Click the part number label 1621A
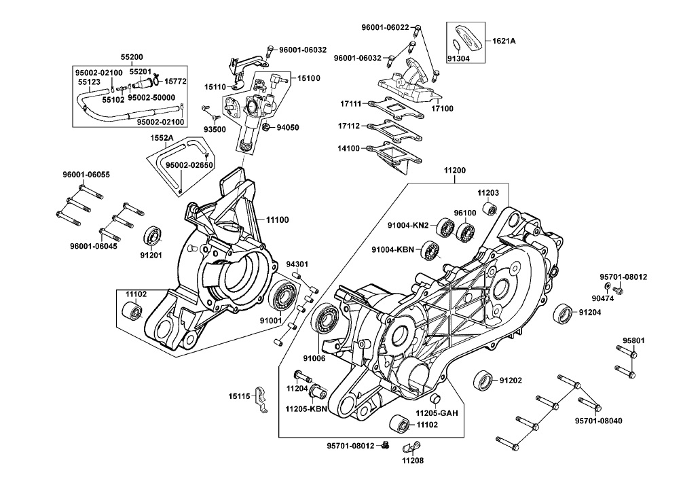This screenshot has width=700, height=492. pyautogui.click(x=504, y=41)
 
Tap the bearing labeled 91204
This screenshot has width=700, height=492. pyautogui.click(x=562, y=313)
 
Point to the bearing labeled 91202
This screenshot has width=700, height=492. pyautogui.click(x=483, y=381)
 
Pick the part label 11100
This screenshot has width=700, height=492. pyautogui.click(x=278, y=220)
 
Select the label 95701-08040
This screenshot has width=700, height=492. pyautogui.click(x=598, y=421)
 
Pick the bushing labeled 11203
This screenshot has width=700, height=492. pyautogui.click(x=489, y=207)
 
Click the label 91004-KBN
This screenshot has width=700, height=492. pyautogui.click(x=394, y=249)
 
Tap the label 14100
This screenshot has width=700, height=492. pyautogui.click(x=350, y=147)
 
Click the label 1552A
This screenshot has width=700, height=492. pyautogui.click(x=162, y=138)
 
